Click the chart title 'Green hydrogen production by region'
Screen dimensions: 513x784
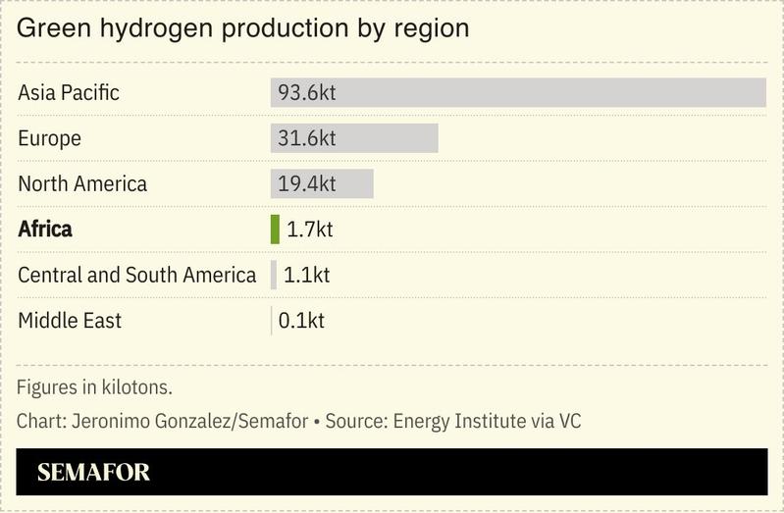click(242, 28)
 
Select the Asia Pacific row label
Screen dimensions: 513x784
click(69, 93)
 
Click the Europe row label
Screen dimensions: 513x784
click(49, 138)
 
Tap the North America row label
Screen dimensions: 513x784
click(82, 183)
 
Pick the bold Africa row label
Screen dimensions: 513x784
click(45, 230)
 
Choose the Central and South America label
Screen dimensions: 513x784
click(136, 275)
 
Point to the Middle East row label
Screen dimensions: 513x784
click(70, 321)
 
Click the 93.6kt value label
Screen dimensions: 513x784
click(307, 93)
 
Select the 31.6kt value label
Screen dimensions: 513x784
click(306, 138)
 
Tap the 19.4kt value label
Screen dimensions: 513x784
click(306, 183)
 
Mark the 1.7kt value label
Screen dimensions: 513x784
click(309, 230)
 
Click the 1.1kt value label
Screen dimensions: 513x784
click(306, 275)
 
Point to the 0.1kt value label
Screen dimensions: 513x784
click(301, 321)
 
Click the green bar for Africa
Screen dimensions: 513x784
click(275, 230)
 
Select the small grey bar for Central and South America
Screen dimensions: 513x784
click(274, 275)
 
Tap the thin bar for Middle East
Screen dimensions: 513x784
click(272, 321)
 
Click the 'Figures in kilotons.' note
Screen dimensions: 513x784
click(94, 386)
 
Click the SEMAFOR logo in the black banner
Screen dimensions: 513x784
click(93, 473)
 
